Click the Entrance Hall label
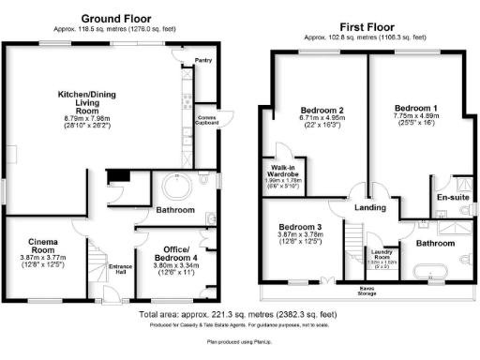120,272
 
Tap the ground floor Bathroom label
174,210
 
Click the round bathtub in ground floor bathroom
173,184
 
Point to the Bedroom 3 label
302,228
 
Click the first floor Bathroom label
433,243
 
